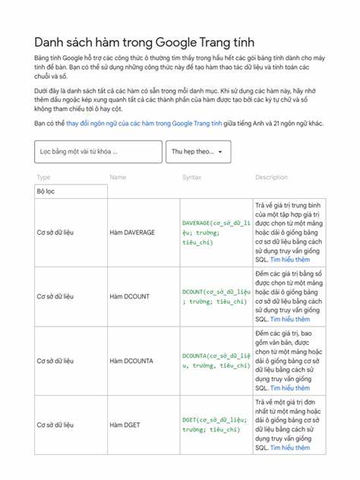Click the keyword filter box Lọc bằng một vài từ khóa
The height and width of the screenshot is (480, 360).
tap(98, 152)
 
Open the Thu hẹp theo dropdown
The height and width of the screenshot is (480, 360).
tap(197, 152)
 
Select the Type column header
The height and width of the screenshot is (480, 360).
tap(43, 177)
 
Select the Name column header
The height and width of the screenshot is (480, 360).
tap(118, 177)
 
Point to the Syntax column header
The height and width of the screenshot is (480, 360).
tap(192, 177)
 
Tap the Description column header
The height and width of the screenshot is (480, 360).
tap(271, 177)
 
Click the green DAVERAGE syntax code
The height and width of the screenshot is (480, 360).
tap(216, 232)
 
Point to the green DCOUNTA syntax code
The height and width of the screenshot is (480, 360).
tap(216, 360)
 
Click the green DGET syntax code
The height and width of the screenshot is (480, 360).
tap(216, 424)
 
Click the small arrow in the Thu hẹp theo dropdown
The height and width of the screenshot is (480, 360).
tap(220, 152)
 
